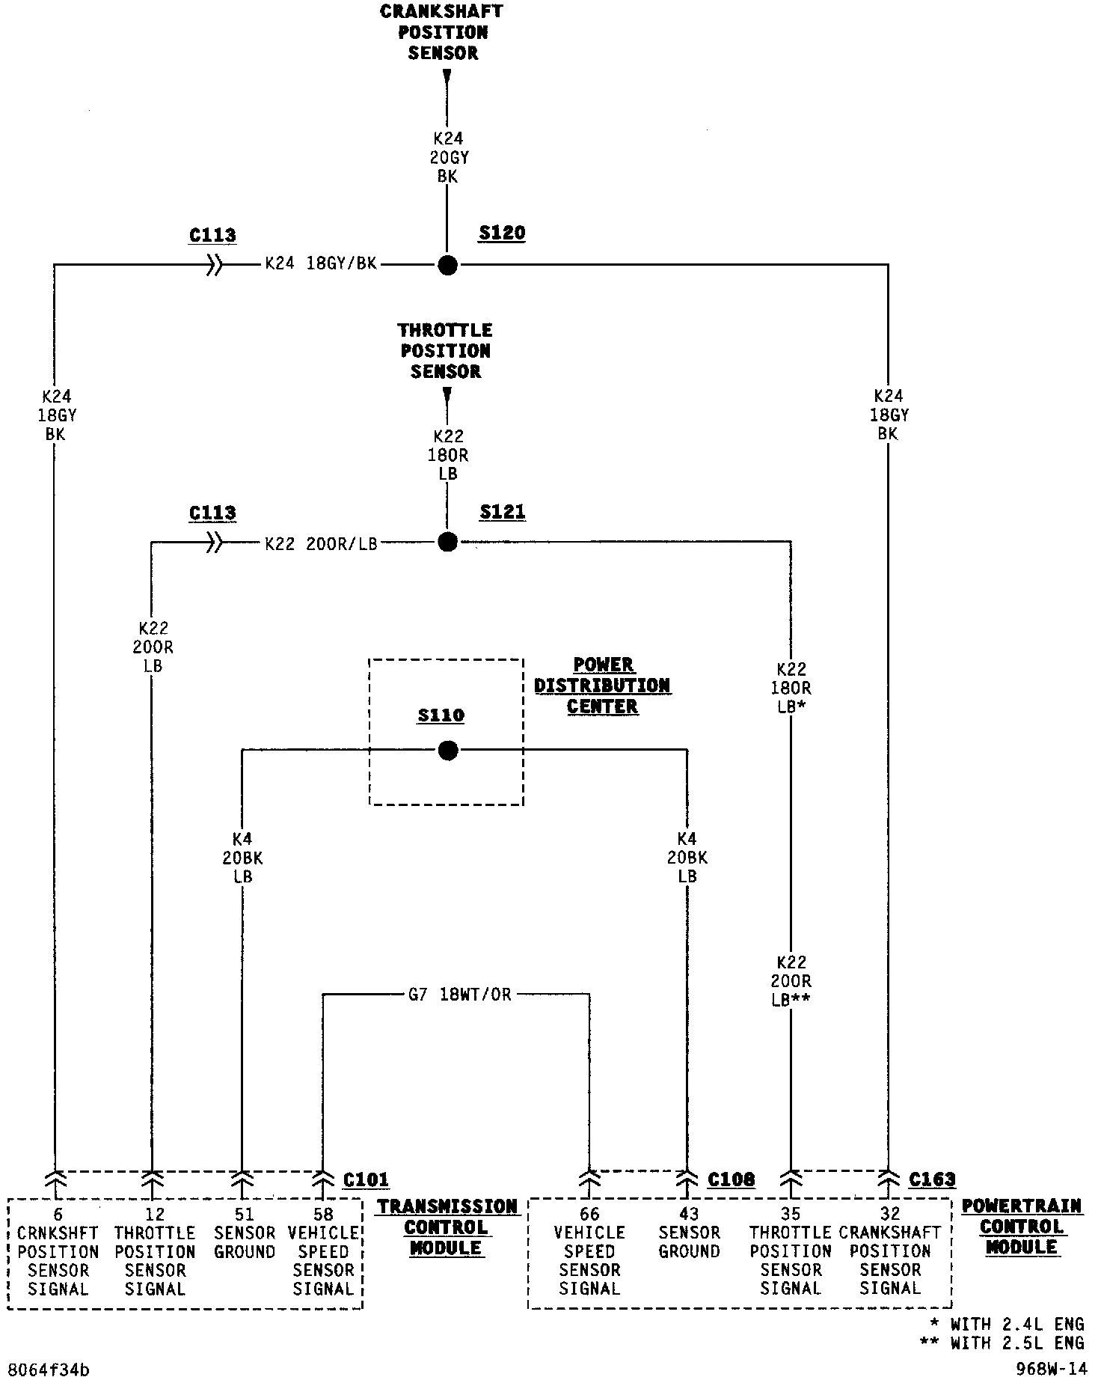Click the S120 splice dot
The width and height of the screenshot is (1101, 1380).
[447, 265]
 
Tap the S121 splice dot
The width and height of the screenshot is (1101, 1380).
[447, 542]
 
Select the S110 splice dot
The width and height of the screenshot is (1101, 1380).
[447, 750]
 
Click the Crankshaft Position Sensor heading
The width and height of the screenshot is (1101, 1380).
[442, 32]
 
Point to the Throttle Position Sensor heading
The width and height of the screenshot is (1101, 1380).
[445, 351]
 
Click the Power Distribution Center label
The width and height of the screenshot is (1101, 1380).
[602, 686]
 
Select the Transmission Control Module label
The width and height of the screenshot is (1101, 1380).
[447, 1227]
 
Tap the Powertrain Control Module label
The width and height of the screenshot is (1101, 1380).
[1021, 1227]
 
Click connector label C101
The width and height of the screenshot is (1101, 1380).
[366, 1180]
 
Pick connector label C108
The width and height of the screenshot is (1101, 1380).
[731, 1179]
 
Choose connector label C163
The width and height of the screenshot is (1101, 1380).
[932, 1179]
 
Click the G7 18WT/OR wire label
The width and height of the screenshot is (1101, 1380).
[459, 995]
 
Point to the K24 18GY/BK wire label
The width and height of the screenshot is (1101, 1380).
[321, 264]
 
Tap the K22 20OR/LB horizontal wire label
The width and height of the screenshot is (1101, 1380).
[321, 544]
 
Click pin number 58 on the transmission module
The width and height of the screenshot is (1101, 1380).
[323, 1214]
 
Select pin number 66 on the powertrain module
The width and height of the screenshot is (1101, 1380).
[589, 1214]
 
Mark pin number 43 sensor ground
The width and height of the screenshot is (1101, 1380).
[689, 1214]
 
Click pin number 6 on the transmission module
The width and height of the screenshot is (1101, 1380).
[58, 1214]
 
